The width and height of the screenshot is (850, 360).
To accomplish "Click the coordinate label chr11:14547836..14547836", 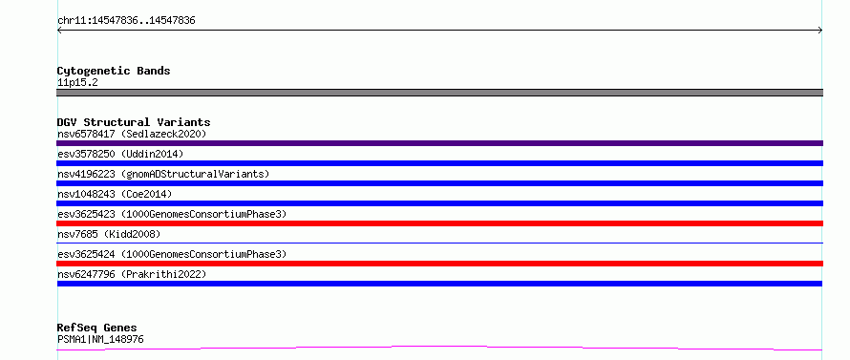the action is point(126,21).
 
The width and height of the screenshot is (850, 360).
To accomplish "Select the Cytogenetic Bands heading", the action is point(114,71).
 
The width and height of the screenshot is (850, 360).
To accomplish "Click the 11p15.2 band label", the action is point(77,82).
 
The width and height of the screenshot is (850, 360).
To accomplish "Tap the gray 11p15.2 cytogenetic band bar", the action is point(439,93).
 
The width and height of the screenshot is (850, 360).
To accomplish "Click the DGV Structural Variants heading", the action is point(134,122).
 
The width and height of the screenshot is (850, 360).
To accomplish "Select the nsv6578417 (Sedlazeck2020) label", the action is point(132,134).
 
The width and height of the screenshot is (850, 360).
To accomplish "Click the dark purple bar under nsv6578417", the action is point(439,143).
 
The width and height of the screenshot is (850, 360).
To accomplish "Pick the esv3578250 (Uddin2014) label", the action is point(120,154).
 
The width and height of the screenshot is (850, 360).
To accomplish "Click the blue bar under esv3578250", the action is point(439,163).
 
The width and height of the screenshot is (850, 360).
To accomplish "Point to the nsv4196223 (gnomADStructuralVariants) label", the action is point(163,174).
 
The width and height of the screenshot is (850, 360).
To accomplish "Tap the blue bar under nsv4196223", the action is point(439,183).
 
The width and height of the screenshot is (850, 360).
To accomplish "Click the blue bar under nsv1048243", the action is point(439,203).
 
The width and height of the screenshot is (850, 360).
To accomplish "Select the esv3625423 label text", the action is point(86,214).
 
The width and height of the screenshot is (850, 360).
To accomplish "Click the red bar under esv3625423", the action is point(439,223).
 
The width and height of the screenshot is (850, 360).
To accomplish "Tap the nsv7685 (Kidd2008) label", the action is point(109,234).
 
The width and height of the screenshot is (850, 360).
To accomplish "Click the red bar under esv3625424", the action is point(439,264).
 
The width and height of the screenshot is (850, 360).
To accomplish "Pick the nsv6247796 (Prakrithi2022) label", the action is point(132,274).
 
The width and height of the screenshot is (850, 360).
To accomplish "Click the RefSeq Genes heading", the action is point(97,328).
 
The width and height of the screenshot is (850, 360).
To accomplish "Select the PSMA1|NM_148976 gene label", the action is point(100,339).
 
